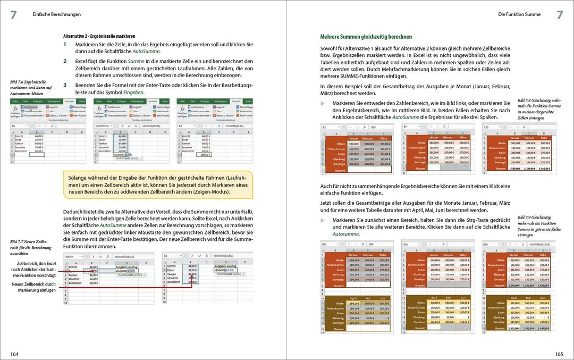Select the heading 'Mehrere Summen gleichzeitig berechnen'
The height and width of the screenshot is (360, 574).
pyautogui.click(x=366, y=37)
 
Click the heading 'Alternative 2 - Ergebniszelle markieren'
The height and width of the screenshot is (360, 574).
pyautogui.click(x=99, y=36)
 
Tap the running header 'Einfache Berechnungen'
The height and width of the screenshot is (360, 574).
pyautogui.click(x=56, y=14)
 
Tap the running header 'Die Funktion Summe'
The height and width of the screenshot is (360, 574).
pyautogui.click(x=519, y=14)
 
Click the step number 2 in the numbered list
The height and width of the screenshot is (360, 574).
pyautogui.click(x=65, y=61)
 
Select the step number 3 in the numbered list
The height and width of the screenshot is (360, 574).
pyautogui.click(x=65, y=85)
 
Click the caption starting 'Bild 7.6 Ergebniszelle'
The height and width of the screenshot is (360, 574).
pyautogui.click(x=31, y=87)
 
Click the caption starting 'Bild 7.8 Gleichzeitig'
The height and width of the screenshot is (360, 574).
pyautogui.click(x=539, y=109)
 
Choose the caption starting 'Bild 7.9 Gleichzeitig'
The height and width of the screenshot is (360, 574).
pyautogui.click(x=539, y=226)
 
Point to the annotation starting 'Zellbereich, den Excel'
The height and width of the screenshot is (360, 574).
pyautogui.click(x=37, y=269)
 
